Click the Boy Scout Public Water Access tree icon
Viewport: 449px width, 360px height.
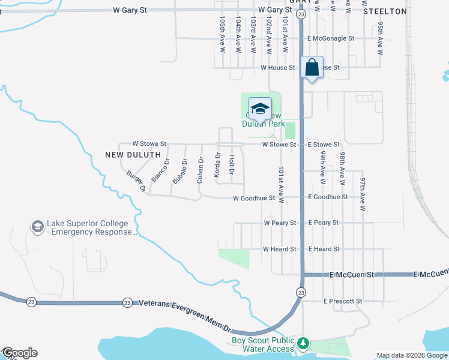(x=304, y=343)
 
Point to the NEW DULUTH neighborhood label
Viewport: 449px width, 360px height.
(x=133, y=155)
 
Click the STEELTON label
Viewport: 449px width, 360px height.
(x=384, y=11)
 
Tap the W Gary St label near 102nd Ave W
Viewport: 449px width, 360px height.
(x=275, y=11)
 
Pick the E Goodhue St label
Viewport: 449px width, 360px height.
(x=327, y=197)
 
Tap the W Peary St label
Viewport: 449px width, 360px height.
(x=280, y=223)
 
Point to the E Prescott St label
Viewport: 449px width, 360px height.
(x=342, y=301)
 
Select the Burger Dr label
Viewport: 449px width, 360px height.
(x=136, y=181)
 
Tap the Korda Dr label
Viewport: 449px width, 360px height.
(x=218, y=167)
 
